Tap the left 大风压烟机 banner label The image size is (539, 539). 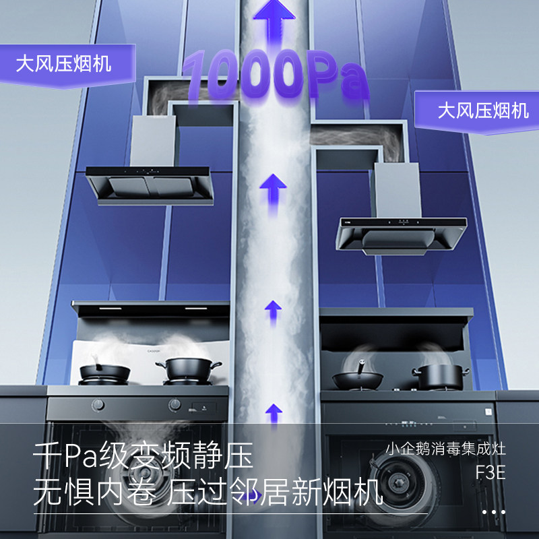64,65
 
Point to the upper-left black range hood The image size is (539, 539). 150,184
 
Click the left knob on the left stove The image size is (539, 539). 98,405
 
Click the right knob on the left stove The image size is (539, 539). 175,405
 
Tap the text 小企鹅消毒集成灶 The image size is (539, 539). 445,449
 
